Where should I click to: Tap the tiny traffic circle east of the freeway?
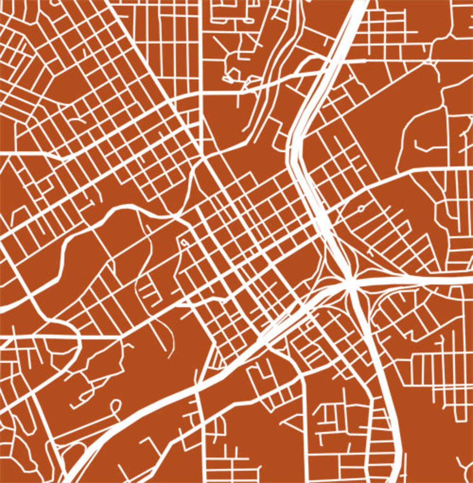[361, 207]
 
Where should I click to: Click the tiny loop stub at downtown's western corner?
[183, 242]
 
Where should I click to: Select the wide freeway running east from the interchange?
[415, 280]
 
